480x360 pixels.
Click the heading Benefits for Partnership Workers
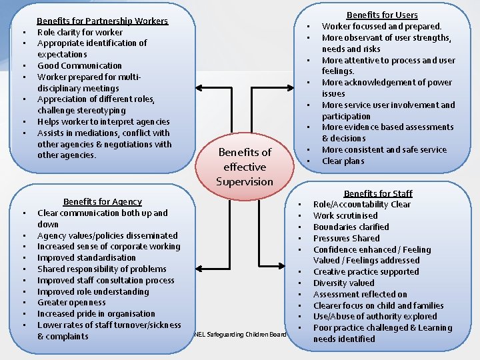coord(102,21)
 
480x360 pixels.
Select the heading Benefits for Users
coord(382,15)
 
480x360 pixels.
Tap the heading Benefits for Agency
coord(102,201)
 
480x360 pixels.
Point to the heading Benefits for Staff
coord(378,193)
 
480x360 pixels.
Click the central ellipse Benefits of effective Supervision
coord(245,167)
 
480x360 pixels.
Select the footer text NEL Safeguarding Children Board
coord(239,334)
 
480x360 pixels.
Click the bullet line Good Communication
coord(79,65)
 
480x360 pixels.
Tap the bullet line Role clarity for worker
coord(80,32)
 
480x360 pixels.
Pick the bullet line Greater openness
coord(71,303)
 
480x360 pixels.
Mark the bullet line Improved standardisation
coord(86,258)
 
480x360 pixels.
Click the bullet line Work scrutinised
coord(345,215)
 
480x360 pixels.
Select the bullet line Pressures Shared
coord(346,238)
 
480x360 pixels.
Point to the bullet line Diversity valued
coord(343,283)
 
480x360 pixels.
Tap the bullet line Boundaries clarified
coord(351,227)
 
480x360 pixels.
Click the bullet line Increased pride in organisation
coord(96,314)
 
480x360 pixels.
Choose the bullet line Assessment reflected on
coord(360,294)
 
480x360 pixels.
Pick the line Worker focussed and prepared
coord(381,27)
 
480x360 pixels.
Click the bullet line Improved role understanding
coord(93,291)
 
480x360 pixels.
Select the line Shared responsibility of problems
coord(102,269)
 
